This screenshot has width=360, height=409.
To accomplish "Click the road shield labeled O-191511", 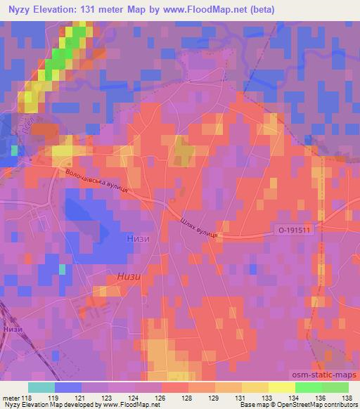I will click(x=294, y=229).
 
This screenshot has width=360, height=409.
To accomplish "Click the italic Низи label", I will click(x=130, y=276).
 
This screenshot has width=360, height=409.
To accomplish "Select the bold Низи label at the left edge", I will click(x=12, y=329).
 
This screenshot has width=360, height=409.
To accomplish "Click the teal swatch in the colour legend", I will click(x=41, y=387).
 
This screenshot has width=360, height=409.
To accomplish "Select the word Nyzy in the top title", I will click(x=18, y=9).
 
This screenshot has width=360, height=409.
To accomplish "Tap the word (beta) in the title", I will click(x=259, y=9).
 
